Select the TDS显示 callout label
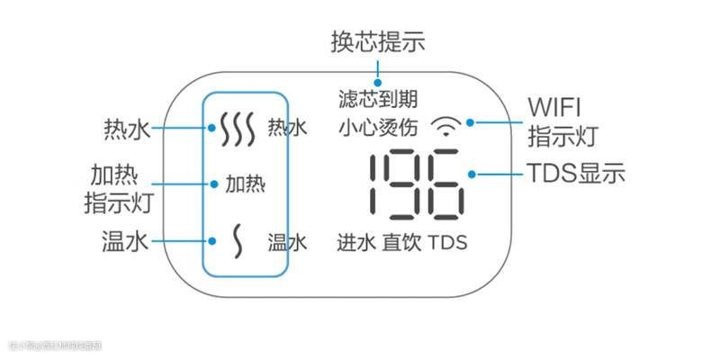coord(575,174)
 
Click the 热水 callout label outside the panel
coord(127,129)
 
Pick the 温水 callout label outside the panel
coord(127,241)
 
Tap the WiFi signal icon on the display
coord(446,125)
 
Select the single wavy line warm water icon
coord(238,241)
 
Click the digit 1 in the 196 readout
coord(382,184)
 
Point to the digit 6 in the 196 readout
coord(446,184)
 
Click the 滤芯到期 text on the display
coord(378,97)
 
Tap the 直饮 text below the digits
coord(400,242)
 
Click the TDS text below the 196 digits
coord(447,242)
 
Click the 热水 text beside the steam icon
coord(288,129)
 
